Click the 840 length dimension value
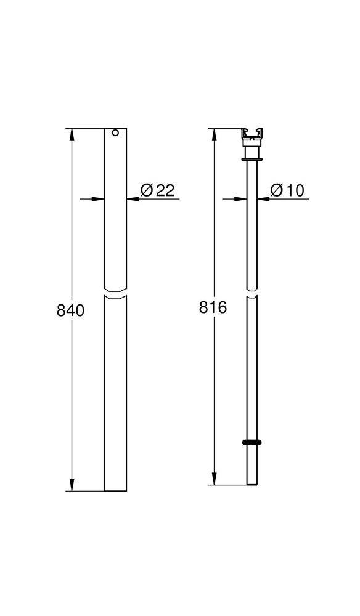[x=70, y=310]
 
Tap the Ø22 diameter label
[x=157, y=190]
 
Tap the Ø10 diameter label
[x=287, y=190]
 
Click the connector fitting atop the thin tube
[x=253, y=138]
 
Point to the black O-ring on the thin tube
[x=253, y=442]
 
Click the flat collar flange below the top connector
[x=253, y=160]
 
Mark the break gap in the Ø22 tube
[x=115, y=293]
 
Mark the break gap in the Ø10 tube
[x=253, y=293]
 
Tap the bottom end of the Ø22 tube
[x=115, y=490]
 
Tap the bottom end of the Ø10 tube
[x=253, y=484]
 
